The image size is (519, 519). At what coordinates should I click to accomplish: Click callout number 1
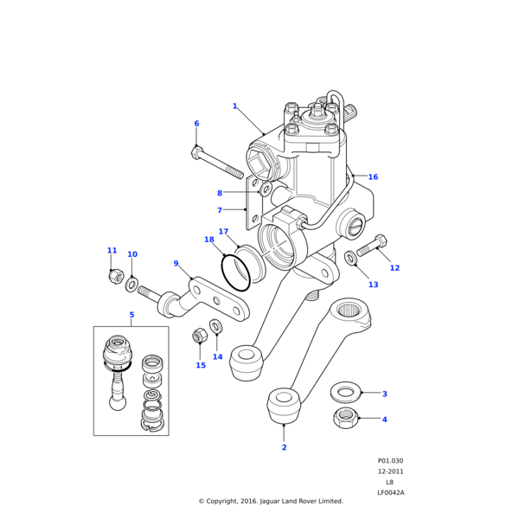(234, 106)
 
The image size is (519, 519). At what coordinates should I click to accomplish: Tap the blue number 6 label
(196, 124)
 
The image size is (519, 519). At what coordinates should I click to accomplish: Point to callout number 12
(394, 268)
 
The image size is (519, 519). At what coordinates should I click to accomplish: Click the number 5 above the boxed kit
(131, 315)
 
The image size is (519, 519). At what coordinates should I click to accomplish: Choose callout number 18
(209, 240)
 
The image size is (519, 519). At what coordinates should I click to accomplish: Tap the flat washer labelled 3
(346, 392)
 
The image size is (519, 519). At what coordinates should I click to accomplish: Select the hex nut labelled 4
(346, 420)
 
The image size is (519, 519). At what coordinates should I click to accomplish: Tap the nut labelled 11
(113, 276)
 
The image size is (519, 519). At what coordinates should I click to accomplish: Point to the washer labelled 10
(131, 284)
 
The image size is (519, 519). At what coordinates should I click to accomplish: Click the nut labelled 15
(199, 335)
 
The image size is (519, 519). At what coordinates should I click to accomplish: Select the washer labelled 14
(216, 326)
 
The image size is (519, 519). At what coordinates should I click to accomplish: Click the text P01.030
(390, 461)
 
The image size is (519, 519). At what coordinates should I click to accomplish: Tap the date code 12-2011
(390, 471)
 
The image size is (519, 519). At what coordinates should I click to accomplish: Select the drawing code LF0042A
(390, 492)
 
